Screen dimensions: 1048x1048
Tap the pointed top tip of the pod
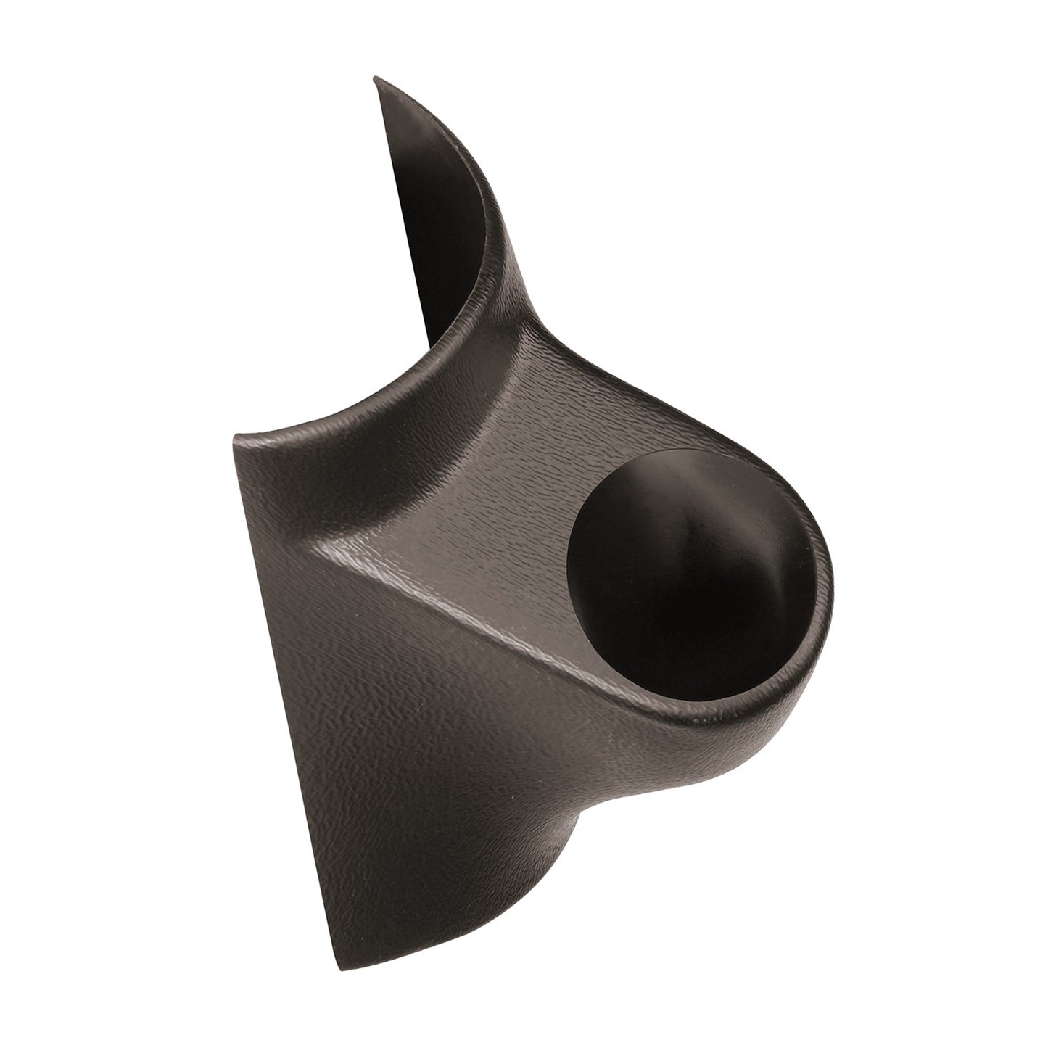point(376,77)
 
